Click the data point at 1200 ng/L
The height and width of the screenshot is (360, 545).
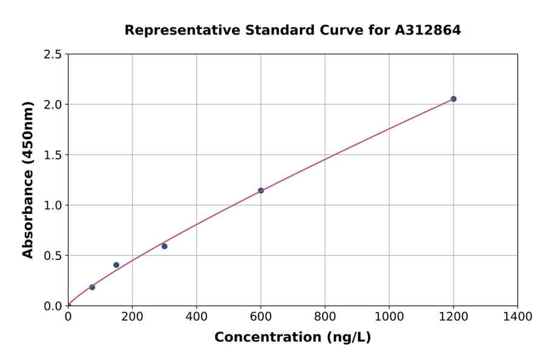453,99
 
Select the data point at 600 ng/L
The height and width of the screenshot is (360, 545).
261,190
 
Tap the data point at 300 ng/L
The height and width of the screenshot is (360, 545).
164,246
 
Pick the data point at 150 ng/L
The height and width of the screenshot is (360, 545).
116,265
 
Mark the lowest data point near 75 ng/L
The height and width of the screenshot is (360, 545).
92,287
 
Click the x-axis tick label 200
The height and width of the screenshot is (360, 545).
132,316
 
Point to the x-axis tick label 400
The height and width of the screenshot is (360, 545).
196,316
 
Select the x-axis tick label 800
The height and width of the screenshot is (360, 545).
325,316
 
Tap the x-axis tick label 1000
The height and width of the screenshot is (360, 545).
389,316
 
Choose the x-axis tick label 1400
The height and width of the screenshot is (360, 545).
517,316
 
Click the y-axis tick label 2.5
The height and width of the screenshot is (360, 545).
53,55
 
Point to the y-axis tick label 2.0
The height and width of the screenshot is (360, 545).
53,105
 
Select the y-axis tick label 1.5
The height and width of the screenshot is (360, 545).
53,155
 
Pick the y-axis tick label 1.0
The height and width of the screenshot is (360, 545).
53,205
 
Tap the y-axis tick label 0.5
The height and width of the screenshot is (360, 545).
53,256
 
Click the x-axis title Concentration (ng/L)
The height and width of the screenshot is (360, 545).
292,338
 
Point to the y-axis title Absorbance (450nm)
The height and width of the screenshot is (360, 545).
28,179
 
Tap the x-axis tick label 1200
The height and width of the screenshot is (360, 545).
453,316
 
